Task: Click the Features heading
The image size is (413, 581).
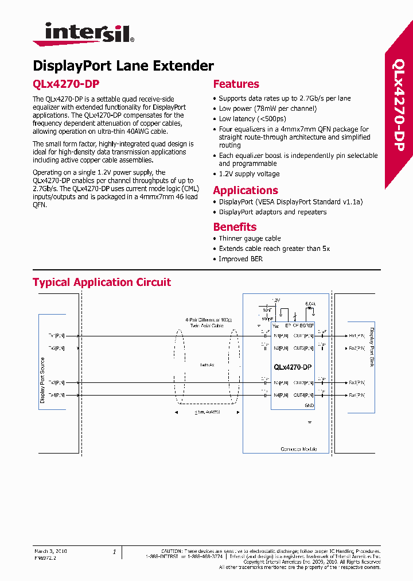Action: [236, 84]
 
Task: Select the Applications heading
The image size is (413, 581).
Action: [245, 190]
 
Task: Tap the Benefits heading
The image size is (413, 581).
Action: [235, 227]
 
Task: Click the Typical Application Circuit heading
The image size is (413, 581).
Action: [102, 282]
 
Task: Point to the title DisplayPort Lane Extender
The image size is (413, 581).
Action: [123, 65]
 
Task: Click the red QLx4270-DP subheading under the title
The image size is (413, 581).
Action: [66, 84]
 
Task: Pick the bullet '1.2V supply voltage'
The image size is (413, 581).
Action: [249, 174]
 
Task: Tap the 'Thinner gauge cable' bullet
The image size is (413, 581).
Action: [250, 238]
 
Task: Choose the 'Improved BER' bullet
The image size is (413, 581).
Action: [240, 259]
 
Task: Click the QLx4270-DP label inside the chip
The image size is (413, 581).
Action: [293, 367]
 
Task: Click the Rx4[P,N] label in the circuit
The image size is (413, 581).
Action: [357, 395]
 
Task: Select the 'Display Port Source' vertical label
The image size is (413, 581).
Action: [42, 380]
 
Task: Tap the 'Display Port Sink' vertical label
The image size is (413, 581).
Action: [371, 351]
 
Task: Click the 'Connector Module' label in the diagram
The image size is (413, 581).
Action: [298, 449]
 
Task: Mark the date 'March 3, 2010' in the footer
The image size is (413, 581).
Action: [50, 551]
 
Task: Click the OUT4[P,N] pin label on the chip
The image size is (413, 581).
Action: [303, 395]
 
